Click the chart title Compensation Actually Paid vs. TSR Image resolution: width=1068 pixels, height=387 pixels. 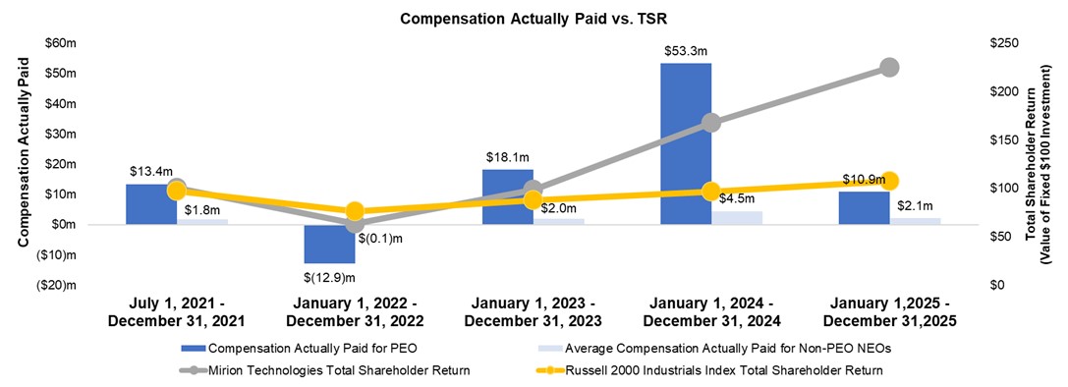[x=534, y=18]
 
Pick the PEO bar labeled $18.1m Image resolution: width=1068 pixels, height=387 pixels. [x=501, y=196]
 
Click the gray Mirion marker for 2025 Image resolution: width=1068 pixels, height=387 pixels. [x=889, y=67]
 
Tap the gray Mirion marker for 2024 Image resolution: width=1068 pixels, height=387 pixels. [x=711, y=123]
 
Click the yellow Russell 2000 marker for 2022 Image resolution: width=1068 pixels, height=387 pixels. [x=355, y=211]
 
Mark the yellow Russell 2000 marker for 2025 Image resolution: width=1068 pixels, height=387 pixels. [x=889, y=181]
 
